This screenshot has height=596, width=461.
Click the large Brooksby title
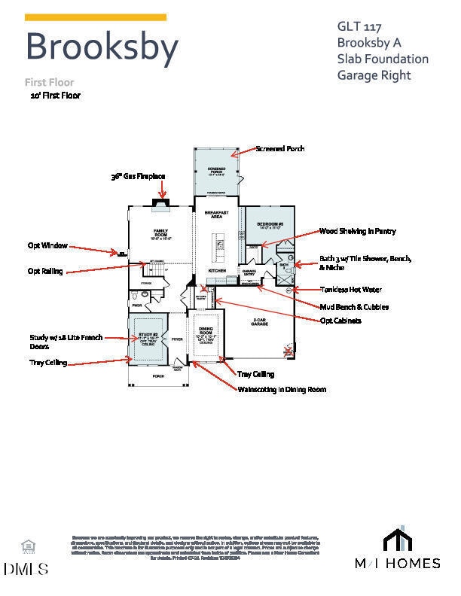pyautogui.click(x=102, y=47)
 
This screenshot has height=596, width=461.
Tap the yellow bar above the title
pyautogui.click(x=96, y=17)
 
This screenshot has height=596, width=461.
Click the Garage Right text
pyautogui.click(x=374, y=74)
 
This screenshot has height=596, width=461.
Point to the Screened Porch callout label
pyautogui.click(x=280, y=149)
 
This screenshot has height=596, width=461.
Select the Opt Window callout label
pyautogui.click(x=47, y=245)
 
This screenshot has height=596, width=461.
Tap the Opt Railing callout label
pyautogui.click(x=45, y=271)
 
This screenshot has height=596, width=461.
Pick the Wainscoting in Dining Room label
pyautogui.click(x=282, y=390)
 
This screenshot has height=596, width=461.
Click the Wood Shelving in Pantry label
pyautogui.click(x=357, y=232)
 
